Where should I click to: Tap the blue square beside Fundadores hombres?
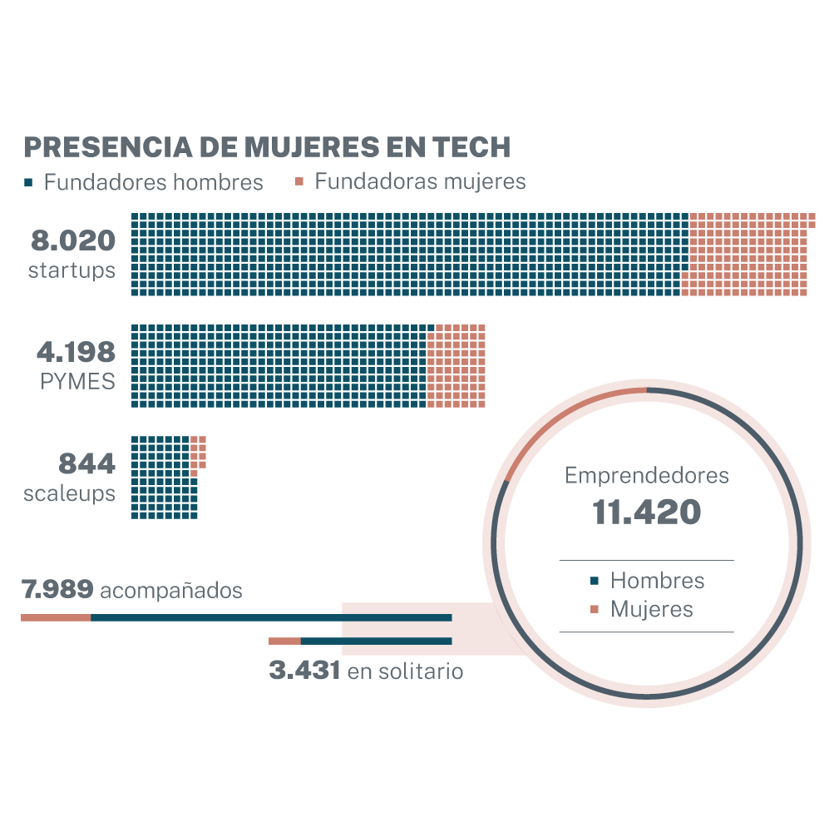pyautogui.click(x=28, y=181)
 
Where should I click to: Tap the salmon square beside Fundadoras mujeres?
pyautogui.click(x=299, y=181)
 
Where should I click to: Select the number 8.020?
pyautogui.click(x=73, y=241)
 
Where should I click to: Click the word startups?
pyautogui.click(x=72, y=270)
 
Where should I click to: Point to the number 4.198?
pyautogui.click(x=76, y=352)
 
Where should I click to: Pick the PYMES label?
pyautogui.click(x=77, y=381)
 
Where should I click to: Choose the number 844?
pyautogui.click(x=86, y=463)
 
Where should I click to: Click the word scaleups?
pyautogui.click(x=69, y=493)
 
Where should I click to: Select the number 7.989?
pyautogui.click(x=57, y=590)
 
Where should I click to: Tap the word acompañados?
pyautogui.click(x=171, y=591)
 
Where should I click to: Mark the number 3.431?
pyautogui.click(x=304, y=670)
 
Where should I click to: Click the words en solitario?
pyautogui.click(x=405, y=671)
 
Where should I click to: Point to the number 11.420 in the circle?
pyautogui.click(x=646, y=513)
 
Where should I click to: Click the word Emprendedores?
pyautogui.click(x=646, y=476)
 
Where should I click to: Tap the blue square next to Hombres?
pyautogui.click(x=594, y=581)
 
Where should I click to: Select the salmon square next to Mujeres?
pyautogui.click(x=594, y=610)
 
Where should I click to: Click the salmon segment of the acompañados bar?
pyautogui.click(x=56, y=617)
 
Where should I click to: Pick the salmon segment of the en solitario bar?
pyautogui.click(x=284, y=641)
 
